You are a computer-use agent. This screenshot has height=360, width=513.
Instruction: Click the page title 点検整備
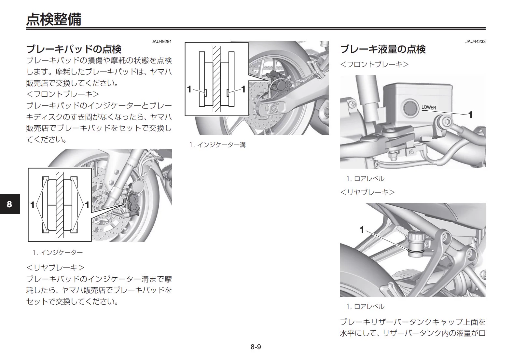(54, 19)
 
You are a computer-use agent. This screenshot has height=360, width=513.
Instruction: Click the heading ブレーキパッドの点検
(74, 49)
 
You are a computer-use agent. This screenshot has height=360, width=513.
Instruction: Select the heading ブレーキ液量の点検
(383, 49)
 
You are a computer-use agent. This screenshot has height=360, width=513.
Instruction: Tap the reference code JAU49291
(161, 41)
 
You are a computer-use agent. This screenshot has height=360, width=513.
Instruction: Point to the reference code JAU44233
(476, 41)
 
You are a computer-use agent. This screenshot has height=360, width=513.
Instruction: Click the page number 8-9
(256, 347)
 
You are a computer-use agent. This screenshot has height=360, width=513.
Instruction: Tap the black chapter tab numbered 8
(10, 204)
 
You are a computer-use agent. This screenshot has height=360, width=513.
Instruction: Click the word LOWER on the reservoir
(429, 107)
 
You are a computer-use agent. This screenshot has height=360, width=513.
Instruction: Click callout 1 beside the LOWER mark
(470, 115)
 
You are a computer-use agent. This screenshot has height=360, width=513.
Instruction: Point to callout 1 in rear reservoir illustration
(362, 230)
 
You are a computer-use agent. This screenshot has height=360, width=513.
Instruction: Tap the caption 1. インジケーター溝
(217, 145)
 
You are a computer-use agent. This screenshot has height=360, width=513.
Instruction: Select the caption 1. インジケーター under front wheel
(58, 253)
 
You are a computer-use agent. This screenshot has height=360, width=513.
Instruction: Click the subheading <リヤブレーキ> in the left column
(55, 268)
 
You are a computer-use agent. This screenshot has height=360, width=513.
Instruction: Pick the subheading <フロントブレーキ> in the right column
(374, 64)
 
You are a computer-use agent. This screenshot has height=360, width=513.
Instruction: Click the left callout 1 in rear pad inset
(189, 89)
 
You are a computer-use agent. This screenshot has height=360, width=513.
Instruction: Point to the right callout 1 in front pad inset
(87, 205)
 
